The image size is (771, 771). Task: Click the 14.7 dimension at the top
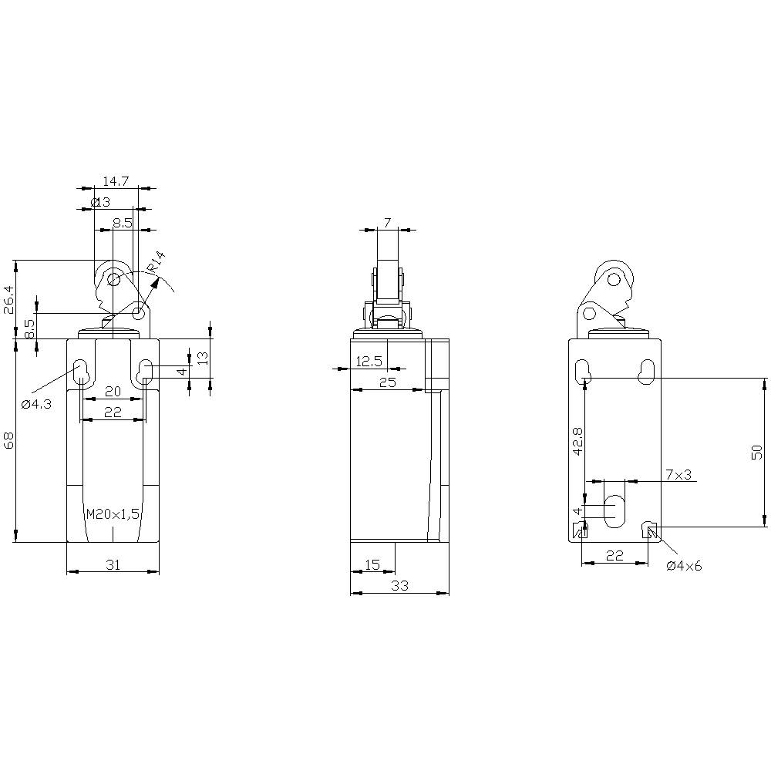tap(115, 181)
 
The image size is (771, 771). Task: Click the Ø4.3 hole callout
tap(36, 404)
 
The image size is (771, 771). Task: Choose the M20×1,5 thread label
tap(113, 514)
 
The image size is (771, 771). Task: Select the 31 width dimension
tap(113, 564)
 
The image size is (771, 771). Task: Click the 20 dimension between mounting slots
tap(113, 391)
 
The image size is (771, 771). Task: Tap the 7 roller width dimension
tap(387, 223)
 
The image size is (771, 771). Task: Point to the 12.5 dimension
tap(369, 361)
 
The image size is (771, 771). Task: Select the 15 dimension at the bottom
tap(372, 564)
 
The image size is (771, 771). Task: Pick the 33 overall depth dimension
tap(399, 586)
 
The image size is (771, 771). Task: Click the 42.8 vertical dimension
tap(577, 442)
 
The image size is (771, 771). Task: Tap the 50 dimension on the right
tap(756, 452)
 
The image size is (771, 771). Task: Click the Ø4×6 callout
tap(684, 566)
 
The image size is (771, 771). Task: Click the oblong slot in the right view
tap(614, 511)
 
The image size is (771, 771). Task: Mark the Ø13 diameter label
tap(101, 202)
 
